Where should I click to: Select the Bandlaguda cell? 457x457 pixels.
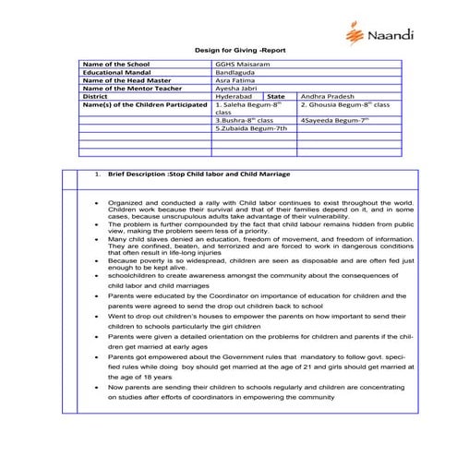(235, 73)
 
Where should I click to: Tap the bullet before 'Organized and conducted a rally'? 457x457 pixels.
(97, 200)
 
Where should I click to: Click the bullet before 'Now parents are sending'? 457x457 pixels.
(97, 388)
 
